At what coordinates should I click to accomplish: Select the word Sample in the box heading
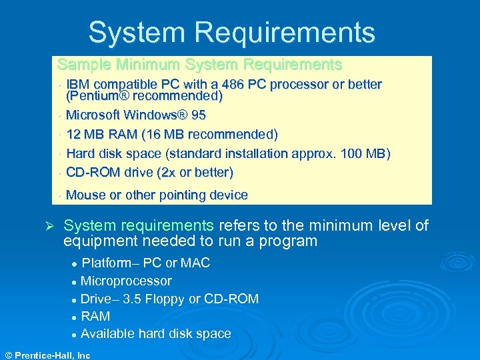click(84, 65)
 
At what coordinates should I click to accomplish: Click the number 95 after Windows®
click(198, 115)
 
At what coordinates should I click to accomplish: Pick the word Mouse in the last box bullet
click(86, 195)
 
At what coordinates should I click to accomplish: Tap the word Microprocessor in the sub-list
click(126, 281)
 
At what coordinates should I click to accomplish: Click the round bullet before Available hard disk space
click(75, 334)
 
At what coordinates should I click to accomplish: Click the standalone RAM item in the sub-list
click(95, 316)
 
